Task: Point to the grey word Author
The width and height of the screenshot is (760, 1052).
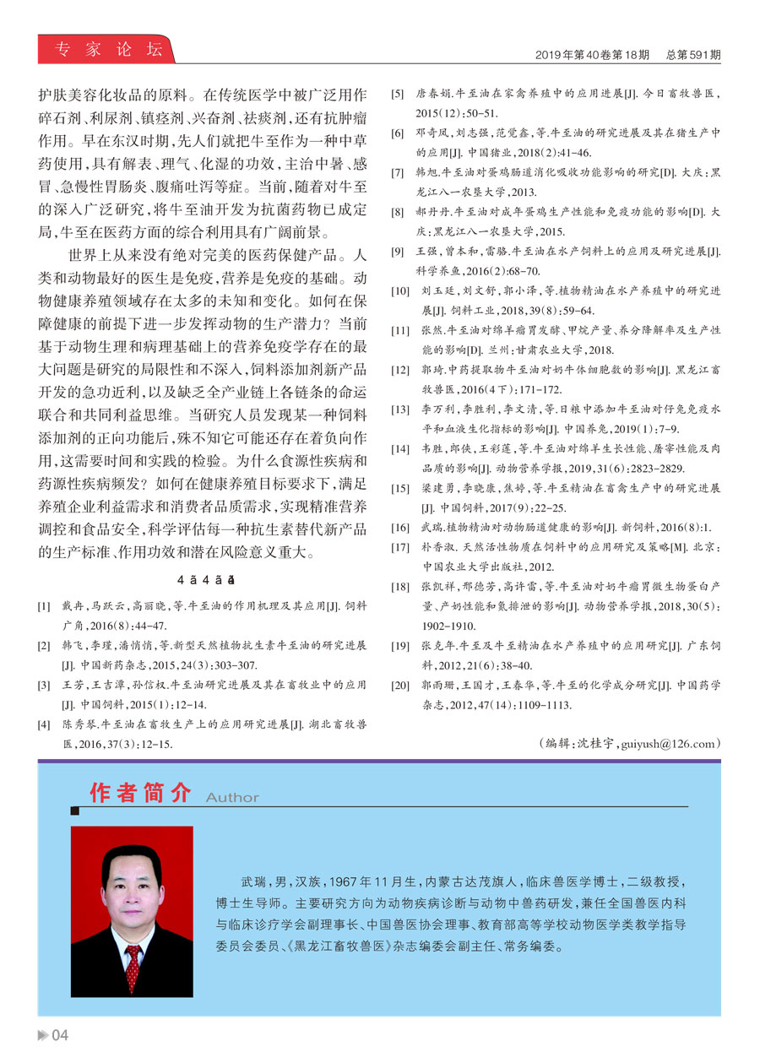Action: point(232,797)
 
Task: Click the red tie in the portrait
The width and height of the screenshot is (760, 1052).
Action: point(133,968)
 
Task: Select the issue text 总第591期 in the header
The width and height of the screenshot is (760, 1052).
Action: point(692,56)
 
